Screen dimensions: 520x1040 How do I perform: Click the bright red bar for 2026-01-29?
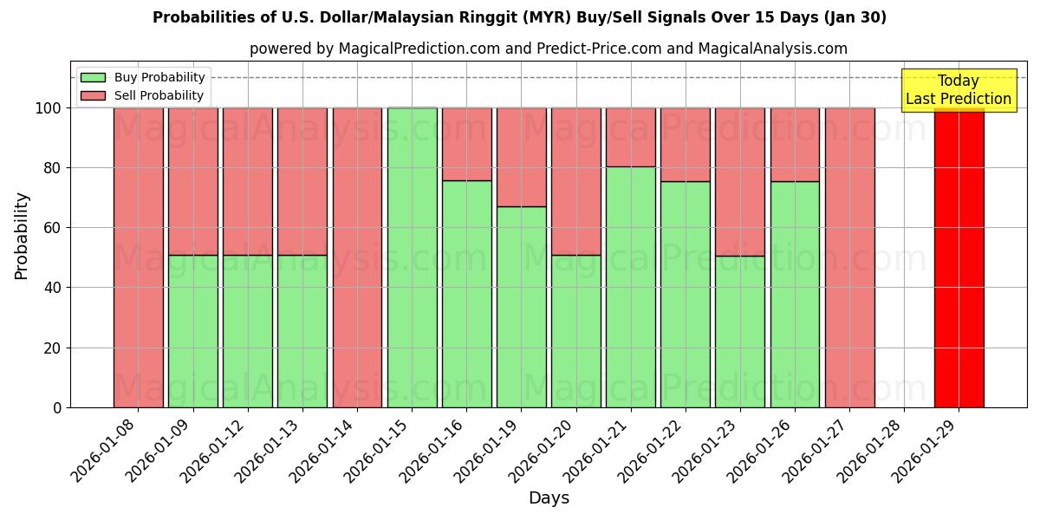[x=959, y=257]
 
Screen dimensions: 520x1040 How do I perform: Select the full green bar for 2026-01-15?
[x=412, y=257]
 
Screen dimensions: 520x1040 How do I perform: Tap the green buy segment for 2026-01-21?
[x=630, y=287]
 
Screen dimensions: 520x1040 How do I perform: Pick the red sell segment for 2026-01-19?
[x=521, y=157]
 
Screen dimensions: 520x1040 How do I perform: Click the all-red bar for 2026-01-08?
[x=138, y=257]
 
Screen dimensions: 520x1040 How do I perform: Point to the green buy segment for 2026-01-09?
[x=192, y=331]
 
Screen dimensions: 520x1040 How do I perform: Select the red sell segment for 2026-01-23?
[x=739, y=181]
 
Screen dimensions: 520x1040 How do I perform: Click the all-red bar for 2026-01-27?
[x=849, y=257]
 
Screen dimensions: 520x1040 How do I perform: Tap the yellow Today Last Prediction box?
[x=958, y=90]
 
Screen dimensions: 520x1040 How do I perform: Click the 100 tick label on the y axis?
[x=47, y=108]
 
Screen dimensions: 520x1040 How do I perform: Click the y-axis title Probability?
[x=22, y=235]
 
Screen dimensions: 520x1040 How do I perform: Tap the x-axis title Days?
[x=549, y=498]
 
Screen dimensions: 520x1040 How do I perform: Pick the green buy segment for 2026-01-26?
[x=795, y=295]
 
